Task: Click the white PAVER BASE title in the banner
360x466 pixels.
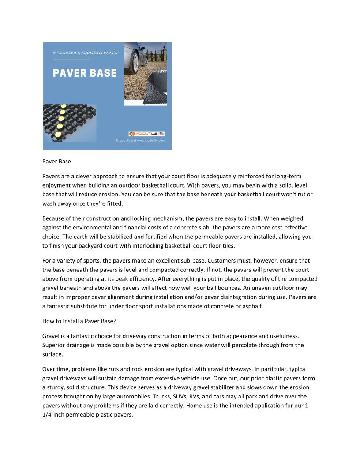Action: (85, 73)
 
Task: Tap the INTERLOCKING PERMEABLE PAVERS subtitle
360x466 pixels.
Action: (85, 53)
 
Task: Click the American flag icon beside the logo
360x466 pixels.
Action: (162, 134)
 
